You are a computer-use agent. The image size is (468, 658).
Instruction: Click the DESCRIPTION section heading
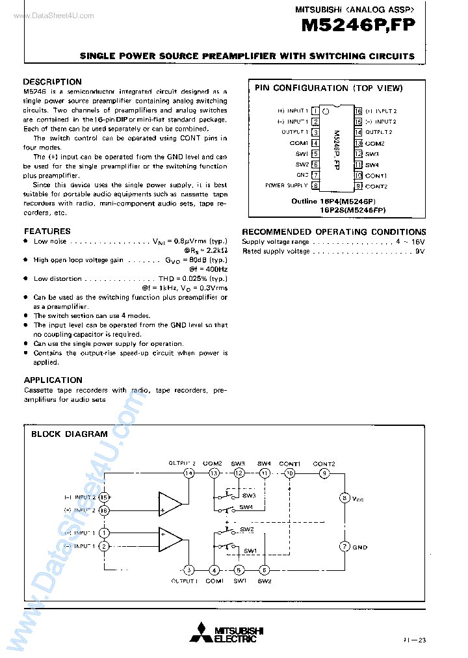coord(52,82)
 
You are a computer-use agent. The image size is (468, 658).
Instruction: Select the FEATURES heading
coord(47,231)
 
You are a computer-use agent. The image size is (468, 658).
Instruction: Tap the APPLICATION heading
coord(53,380)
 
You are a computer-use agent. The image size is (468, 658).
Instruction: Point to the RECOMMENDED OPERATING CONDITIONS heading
coord(334,231)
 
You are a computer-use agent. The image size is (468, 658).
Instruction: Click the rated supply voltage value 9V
coord(420,251)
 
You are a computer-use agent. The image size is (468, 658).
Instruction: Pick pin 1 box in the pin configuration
coord(315,111)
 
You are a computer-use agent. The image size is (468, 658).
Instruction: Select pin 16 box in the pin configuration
coord(357,111)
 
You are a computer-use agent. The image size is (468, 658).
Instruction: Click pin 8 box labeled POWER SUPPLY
coord(315,186)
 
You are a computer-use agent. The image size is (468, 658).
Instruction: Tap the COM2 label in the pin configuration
coord(375,143)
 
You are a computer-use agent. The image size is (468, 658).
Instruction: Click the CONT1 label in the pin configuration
coord(376,176)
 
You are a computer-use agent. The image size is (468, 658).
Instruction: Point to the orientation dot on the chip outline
coord(326,112)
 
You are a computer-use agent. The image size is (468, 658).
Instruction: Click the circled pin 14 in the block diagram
coord(188,473)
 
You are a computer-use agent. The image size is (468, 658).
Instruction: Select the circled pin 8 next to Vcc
coord(344,498)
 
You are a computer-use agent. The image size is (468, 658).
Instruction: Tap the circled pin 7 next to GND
coord(344,547)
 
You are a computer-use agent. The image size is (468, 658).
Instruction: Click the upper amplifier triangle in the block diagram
coord(169,503)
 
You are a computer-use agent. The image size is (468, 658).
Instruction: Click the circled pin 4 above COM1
coord(214,570)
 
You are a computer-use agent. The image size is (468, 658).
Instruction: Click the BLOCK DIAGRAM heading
coord(70,434)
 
